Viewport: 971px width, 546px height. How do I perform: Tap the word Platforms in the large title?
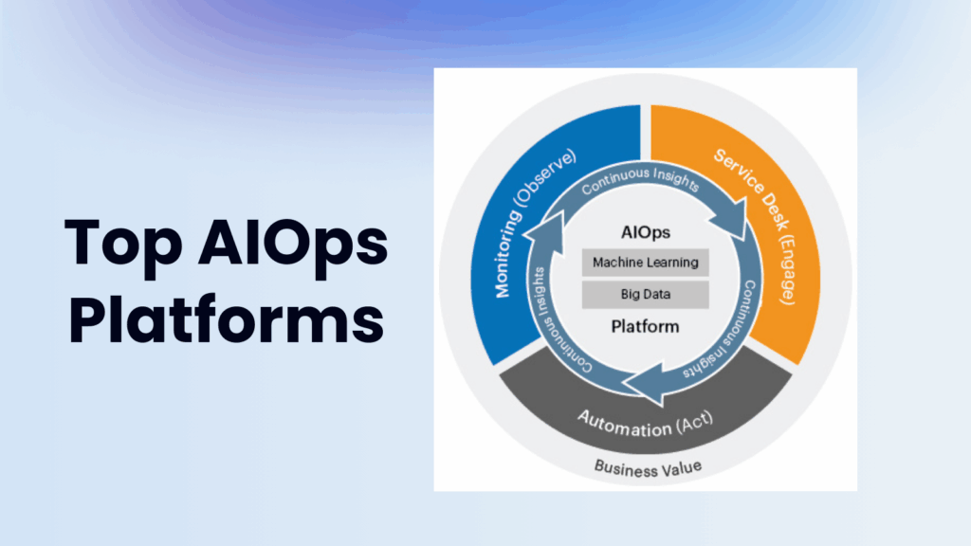coord(226,320)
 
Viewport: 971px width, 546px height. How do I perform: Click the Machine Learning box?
coord(645,263)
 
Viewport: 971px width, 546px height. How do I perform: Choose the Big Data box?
coord(645,295)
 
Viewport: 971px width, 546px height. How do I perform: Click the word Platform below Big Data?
coord(645,327)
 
